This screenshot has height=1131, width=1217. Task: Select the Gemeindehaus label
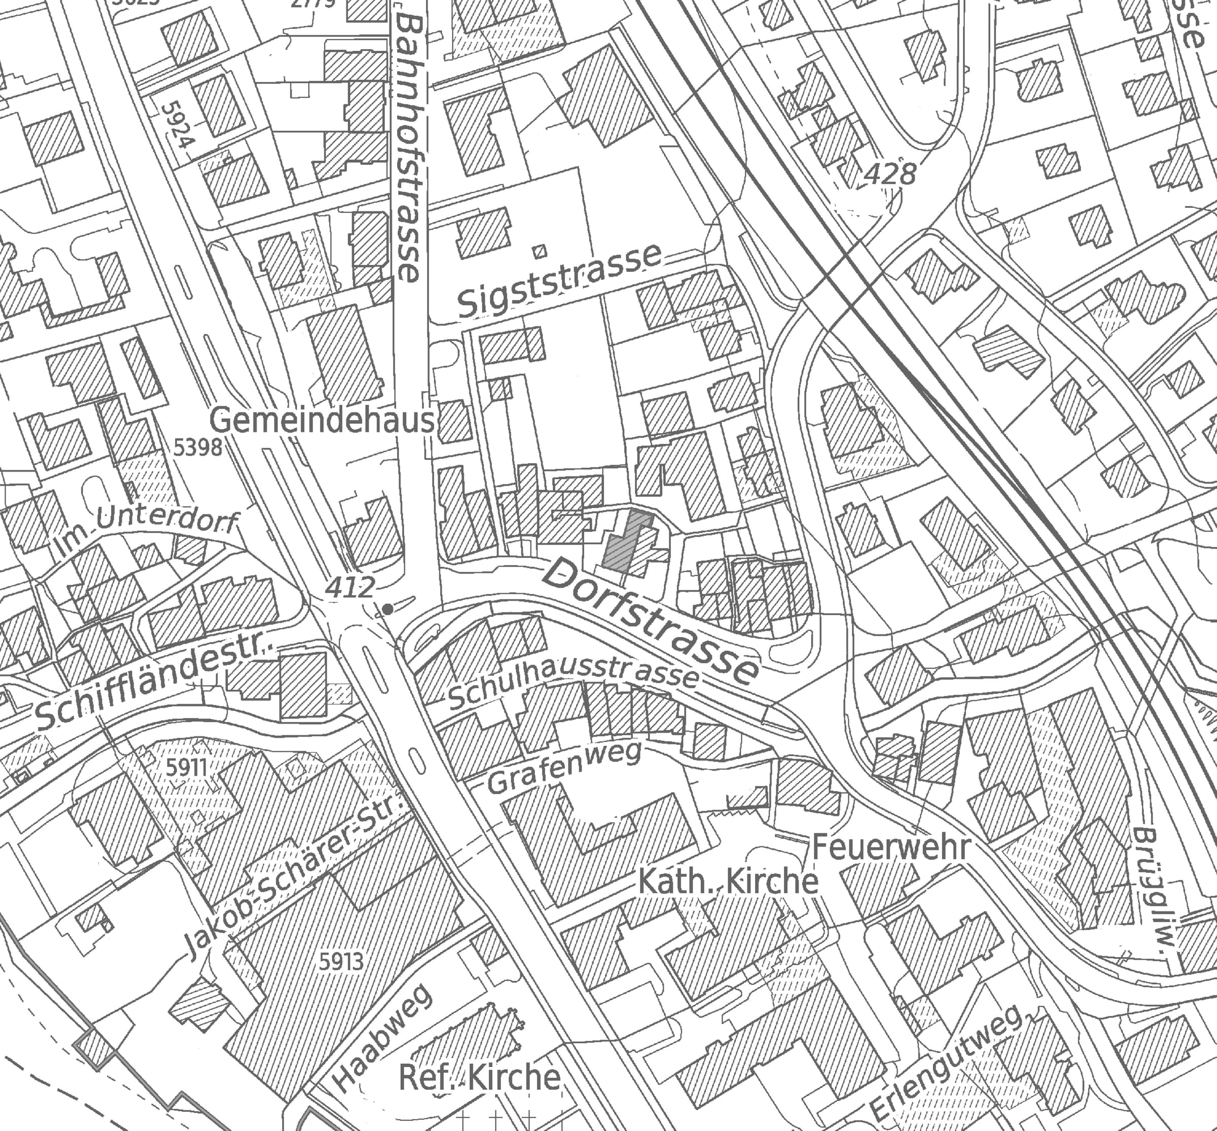pos(323,421)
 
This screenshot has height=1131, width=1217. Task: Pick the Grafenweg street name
pos(564,767)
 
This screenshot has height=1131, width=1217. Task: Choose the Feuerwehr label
pos(891,847)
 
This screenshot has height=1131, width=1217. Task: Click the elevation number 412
pos(349,588)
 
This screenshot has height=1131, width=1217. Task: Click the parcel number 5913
pos(341,962)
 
